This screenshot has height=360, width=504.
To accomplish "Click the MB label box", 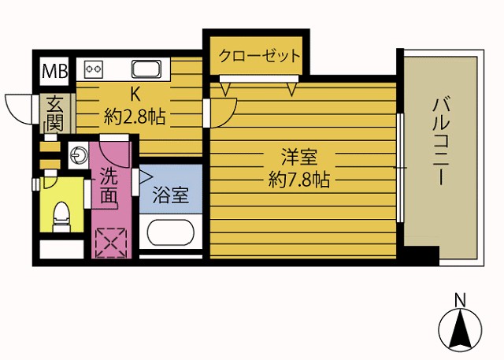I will click(54, 71).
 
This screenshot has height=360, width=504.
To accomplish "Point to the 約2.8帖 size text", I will click(135, 117).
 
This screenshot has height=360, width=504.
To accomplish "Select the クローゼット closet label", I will click(259, 56).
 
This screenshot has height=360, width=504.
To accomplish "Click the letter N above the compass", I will click(460, 299).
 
